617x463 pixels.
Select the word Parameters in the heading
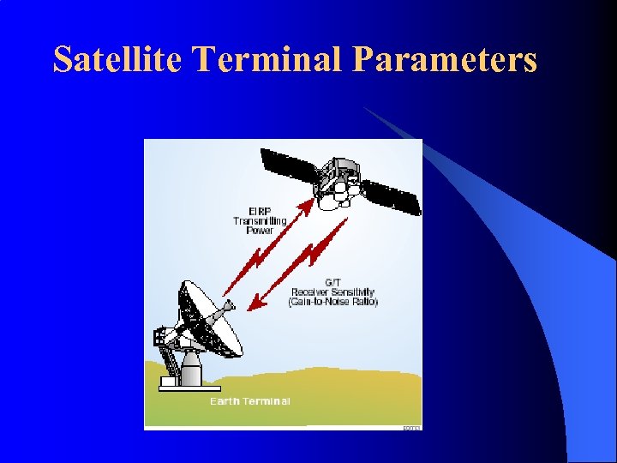tap(445, 59)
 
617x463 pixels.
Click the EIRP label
tap(260, 211)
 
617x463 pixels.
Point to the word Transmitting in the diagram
tap(260, 220)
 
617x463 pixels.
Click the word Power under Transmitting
tap(260, 230)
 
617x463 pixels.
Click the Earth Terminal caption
tap(250, 400)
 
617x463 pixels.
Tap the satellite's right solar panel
tap(392, 196)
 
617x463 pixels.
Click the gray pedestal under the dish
tap(190, 370)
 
